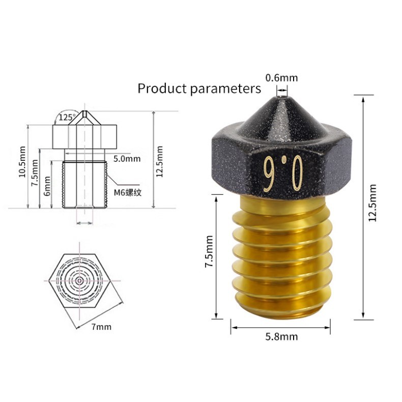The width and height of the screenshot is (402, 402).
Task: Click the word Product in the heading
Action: (162, 89)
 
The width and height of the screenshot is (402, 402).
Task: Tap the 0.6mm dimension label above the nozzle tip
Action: (281, 78)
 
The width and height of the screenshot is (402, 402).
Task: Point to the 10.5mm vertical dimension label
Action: (22, 161)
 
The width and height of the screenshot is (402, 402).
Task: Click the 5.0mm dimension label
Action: (127, 159)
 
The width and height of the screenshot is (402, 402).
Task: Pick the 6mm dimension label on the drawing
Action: (47, 186)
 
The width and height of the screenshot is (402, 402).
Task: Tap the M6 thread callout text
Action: (128, 192)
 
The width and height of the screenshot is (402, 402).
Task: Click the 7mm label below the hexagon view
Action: (102, 327)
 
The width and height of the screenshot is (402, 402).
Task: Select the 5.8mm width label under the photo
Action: (281, 337)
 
